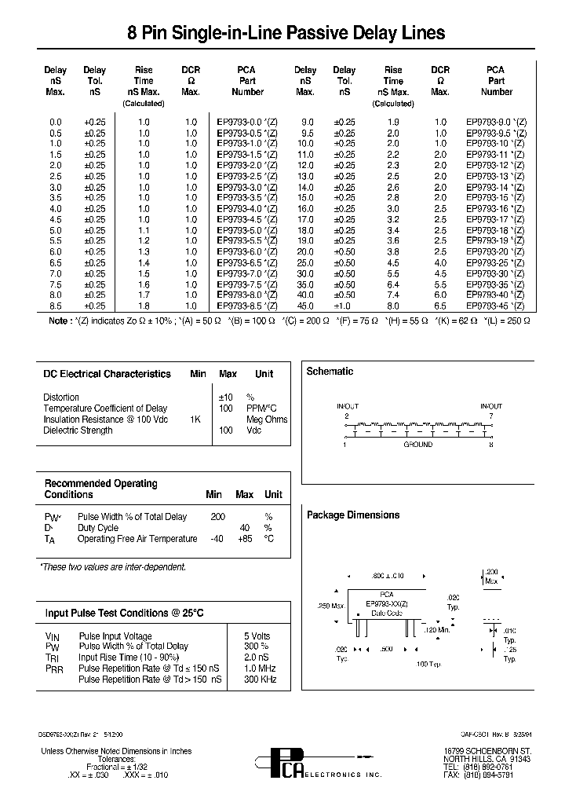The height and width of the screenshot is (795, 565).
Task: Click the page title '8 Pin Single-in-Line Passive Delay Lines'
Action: [x=286, y=33]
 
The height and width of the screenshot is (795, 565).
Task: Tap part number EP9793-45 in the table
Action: [x=495, y=305]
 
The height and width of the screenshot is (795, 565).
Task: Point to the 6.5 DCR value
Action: [x=440, y=305]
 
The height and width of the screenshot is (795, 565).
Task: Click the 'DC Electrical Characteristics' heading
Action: [x=107, y=374]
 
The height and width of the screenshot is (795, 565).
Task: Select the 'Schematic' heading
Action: [x=330, y=372]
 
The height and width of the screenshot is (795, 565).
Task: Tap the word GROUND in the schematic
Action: [x=417, y=445]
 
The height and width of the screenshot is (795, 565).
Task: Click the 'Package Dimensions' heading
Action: [x=352, y=515]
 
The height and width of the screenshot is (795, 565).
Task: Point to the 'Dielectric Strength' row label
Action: [x=78, y=430]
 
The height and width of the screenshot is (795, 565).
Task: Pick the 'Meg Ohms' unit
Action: [x=267, y=419]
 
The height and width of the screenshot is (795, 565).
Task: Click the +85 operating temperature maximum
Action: [x=245, y=539]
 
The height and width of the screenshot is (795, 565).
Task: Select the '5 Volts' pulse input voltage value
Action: [x=257, y=636]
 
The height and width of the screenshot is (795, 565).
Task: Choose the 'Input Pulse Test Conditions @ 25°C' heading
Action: [x=124, y=613]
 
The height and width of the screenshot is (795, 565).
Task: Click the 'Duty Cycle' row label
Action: [x=98, y=528]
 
